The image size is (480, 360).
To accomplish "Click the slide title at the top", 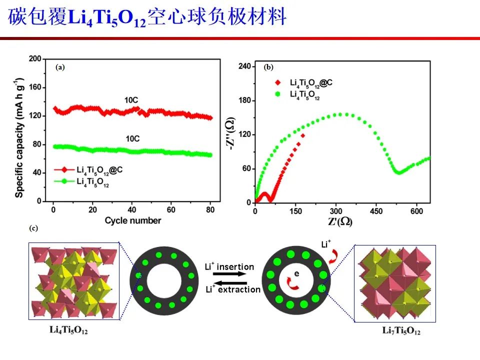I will (x=147, y=18).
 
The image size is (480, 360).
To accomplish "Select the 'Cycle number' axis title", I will (x=133, y=220).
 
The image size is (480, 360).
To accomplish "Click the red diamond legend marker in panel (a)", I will (x=63, y=170).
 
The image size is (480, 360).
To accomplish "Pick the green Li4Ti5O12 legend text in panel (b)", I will (x=305, y=96).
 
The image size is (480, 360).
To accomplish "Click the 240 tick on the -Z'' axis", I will (x=244, y=66).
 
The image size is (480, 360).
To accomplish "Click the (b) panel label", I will (x=268, y=66).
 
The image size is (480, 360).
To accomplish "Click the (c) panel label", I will (x=33, y=228).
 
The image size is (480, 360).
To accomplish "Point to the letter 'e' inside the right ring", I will (x=296, y=274).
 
